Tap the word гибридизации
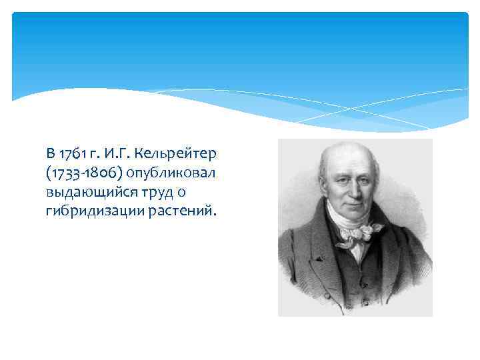(x=85, y=213)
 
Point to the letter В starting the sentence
(x=51, y=155)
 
